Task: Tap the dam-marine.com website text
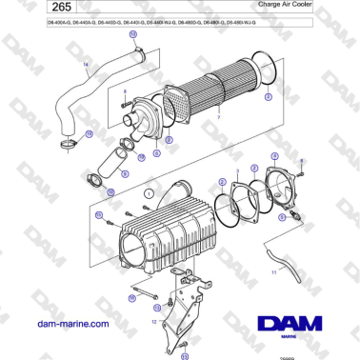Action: click(x=70, y=324)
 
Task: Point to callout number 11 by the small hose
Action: click(x=273, y=272)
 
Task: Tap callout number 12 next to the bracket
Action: click(x=153, y=322)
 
